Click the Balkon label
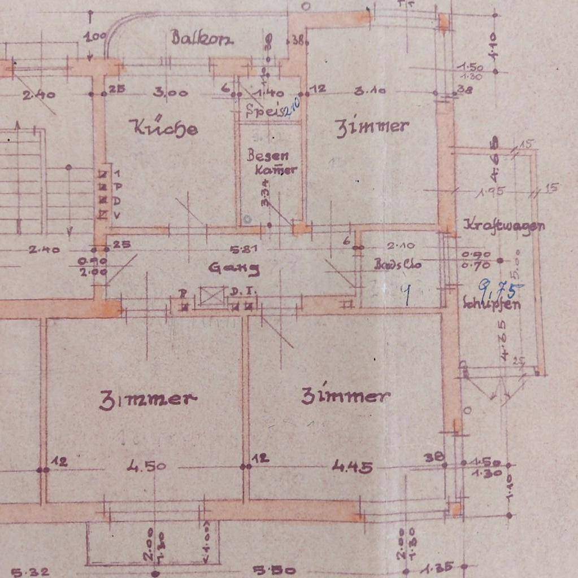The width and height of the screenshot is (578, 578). click(202, 38)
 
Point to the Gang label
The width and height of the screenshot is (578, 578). click(234, 268)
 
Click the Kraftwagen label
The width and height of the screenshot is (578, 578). click(504, 225)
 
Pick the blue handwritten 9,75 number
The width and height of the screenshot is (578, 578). click(501, 288)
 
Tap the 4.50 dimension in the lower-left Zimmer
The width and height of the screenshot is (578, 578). click(146, 466)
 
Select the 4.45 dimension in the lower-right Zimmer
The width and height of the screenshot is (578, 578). click(352, 466)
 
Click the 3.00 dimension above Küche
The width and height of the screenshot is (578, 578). click(171, 92)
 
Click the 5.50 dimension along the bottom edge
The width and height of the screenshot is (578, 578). click(273, 570)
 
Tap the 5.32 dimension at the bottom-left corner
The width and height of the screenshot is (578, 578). click(25, 571)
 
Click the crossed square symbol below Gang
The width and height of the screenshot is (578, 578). click(212, 296)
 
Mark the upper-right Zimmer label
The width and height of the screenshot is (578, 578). click(372, 126)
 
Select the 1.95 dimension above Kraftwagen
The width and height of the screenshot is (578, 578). click(490, 192)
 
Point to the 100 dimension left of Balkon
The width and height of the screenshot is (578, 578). click(94, 38)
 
